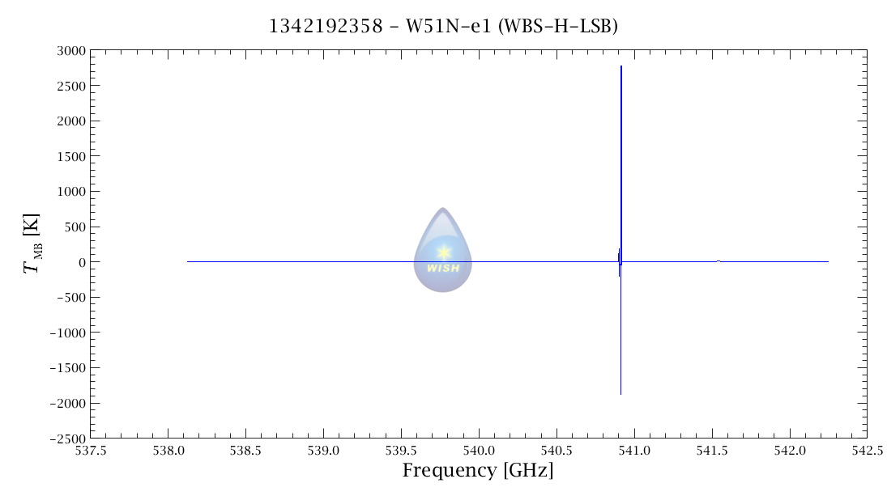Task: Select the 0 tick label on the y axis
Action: (x=79, y=262)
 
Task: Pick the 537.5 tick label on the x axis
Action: (x=90, y=451)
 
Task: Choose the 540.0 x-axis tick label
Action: (x=479, y=451)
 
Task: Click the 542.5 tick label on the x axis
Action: (x=867, y=451)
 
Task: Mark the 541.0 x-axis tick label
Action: (x=634, y=451)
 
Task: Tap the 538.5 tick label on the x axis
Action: (x=245, y=451)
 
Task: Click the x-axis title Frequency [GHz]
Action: (x=478, y=470)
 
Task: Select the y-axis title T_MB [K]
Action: (x=32, y=244)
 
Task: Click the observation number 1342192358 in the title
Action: (x=326, y=27)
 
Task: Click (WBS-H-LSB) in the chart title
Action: (x=558, y=27)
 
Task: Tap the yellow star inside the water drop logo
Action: (x=443, y=252)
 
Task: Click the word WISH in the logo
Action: (x=443, y=269)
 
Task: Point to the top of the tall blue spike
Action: (x=621, y=66)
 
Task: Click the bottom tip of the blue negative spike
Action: (x=620, y=394)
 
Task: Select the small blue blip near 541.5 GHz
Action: (x=719, y=261)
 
